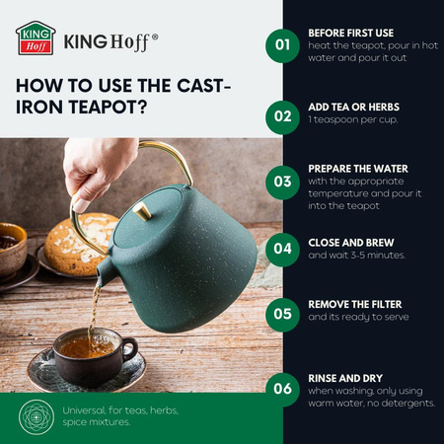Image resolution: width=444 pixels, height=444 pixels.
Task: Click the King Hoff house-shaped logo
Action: pyautogui.click(x=36, y=38)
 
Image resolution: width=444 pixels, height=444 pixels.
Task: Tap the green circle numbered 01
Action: pyautogui.click(x=282, y=45)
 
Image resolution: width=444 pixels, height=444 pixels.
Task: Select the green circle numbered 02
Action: pyautogui.click(x=282, y=117)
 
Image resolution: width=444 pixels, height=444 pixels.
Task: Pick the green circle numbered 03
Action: pyautogui.click(x=282, y=183)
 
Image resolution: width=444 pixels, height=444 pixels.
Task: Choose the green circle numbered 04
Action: pyautogui.click(x=282, y=250)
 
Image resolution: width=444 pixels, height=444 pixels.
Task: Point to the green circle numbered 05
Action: pyautogui.click(x=282, y=315)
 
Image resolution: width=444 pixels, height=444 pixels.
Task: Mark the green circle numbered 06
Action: pyautogui.click(x=282, y=390)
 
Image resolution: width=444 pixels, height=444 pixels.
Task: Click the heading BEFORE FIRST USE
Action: pyautogui.click(x=351, y=34)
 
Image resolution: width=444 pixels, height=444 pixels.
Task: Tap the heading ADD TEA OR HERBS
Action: pyautogui.click(x=354, y=108)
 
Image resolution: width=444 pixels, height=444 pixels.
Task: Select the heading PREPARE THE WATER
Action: pyautogui.click(x=358, y=169)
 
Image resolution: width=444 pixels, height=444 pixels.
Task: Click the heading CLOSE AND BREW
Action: pyautogui.click(x=351, y=243)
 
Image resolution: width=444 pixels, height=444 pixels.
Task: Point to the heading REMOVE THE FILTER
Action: pyautogui.click(x=355, y=305)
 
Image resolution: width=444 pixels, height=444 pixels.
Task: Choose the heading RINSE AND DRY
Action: pyautogui.click(x=345, y=379)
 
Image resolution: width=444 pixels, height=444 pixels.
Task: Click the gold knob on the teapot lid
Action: pyautogui.click(x=142, y=211)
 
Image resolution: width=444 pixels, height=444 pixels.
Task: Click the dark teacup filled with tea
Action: pyautogui.click(x=95, y=356)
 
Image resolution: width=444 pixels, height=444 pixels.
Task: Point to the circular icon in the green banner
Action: pyautogui.click(x=37, y=417)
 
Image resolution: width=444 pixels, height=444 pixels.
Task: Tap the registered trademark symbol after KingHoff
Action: pyautogui.click(x=155, y=37)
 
